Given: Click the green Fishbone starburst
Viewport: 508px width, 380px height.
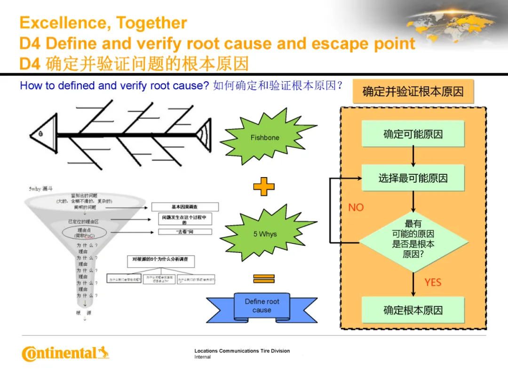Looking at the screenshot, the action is click(x=265, y=137).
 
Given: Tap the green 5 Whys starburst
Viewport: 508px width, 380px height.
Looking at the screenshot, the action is click(x=265, y=233).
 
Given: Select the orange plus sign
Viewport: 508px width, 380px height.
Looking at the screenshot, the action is click(x=264, y=187).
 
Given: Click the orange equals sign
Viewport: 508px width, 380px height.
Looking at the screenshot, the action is click(x=264, y=279).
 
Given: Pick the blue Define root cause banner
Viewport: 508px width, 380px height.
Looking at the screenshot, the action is click(x=262, y=306).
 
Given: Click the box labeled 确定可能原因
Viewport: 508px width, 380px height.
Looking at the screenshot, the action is click(x=413, y=134).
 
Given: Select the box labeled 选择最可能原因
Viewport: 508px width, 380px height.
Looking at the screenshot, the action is click(x=413, y=178).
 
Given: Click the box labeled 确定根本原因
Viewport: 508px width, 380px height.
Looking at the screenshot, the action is click(x=413, y=310).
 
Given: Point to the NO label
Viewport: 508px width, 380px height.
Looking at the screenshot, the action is click(x=356, y=208).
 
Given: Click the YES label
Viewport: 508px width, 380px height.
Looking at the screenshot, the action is click(x=433, y=282).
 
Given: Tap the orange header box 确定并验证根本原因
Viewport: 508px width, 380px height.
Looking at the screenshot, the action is click(x=413, y=92).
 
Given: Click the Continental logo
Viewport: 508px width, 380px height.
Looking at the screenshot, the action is click(x=65, y=353).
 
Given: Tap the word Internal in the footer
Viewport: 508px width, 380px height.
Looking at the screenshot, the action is click(x=203, y=357).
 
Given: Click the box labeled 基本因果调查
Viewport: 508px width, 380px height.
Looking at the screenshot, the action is click(x=185, y=207).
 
